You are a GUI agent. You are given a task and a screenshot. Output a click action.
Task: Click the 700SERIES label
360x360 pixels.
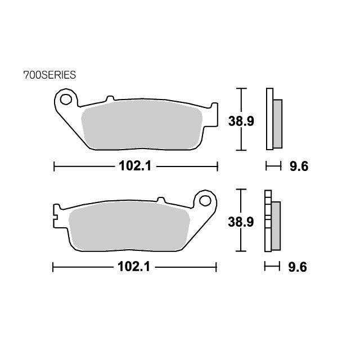pos(49,75)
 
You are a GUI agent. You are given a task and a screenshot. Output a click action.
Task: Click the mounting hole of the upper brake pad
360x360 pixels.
pos(66,99)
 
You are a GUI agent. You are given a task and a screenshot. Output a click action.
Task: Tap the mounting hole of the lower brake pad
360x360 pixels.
pos(205,201)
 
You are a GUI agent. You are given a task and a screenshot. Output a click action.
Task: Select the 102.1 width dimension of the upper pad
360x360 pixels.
pos(135,166)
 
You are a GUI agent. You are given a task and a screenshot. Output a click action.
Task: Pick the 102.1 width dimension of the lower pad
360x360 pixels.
pos(134,267)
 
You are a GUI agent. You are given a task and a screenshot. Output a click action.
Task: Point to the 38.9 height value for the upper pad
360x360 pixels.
pos(241,121)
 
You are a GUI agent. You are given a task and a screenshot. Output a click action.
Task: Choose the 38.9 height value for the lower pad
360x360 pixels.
pos(241,222)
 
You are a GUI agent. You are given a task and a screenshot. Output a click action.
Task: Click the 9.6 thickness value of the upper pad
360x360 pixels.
pos(299,166)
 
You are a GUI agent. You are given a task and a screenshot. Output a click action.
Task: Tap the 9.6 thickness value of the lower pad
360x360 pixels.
pos(298,267)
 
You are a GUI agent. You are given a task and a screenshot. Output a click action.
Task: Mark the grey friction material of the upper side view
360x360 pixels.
pos(277,124)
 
